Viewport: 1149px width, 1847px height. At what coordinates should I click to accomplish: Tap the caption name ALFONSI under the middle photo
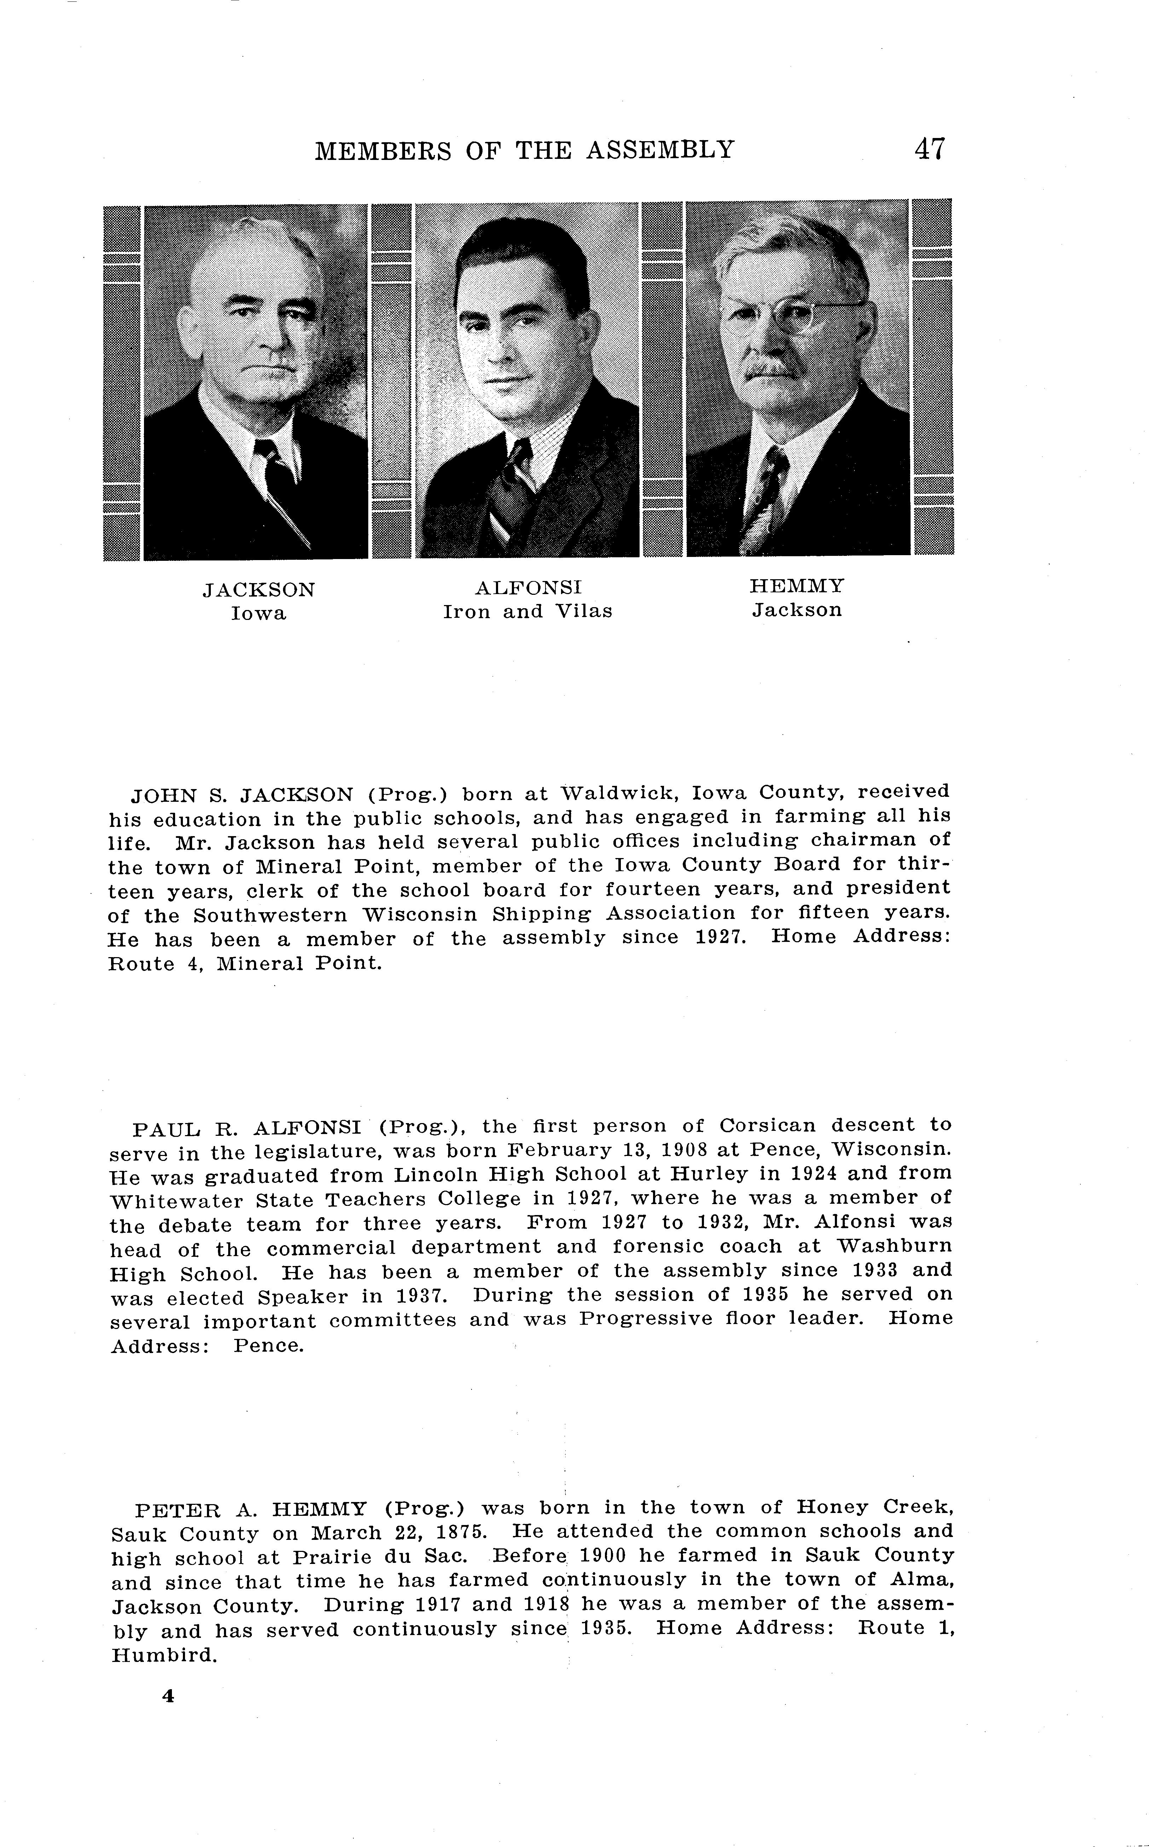(528, 588)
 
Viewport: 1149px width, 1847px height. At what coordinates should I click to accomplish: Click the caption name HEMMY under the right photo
(796, 586)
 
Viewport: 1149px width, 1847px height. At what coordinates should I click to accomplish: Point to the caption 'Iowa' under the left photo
(258, 614)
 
